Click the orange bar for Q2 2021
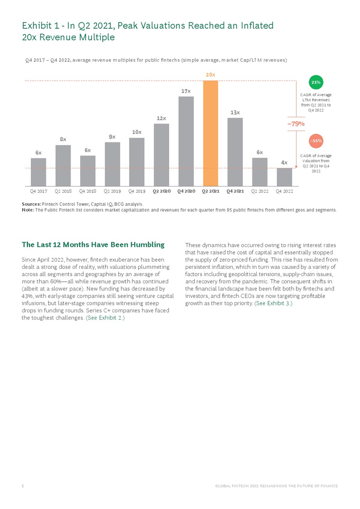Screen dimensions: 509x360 pos(210,133)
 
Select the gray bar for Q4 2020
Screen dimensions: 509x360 pos(186,141)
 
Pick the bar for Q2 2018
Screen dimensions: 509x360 pos(63,165)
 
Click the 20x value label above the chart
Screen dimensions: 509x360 pos(210,75)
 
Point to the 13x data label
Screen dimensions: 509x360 pos(235,112)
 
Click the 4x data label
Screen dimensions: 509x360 pos(284,162)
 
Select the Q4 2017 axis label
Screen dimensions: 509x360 pos(39,191)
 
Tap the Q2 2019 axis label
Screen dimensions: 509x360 pos(112,191)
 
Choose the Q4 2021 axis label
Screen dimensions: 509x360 pos(235,191)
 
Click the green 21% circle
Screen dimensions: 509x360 pos(316,82)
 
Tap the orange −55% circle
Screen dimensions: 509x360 pos(316,140)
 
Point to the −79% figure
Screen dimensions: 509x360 pos(296,123)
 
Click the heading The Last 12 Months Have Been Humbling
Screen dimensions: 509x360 pos(93,244)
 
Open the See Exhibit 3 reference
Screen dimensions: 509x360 pos(273,303)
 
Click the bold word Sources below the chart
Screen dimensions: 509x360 pos(31,204)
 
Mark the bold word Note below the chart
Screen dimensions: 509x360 pos(27,210)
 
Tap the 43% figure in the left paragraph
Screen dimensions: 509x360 pos(27,296)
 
